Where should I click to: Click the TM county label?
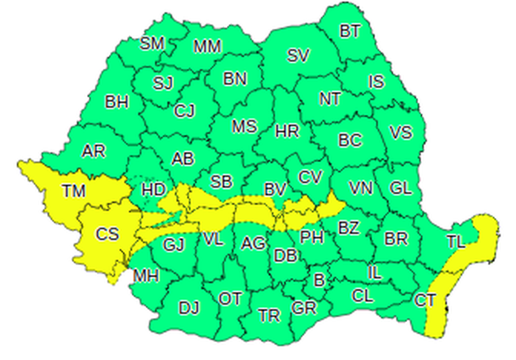[75, 190]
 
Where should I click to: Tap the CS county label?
[107, 234]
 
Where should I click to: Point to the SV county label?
[299, 56]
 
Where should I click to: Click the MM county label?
[207, 46]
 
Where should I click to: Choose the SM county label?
[152, 43]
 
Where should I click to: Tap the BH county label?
[117, 102]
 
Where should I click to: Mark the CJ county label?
[184, 111]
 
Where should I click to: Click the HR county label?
[287, 132]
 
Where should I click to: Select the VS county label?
[401, 133]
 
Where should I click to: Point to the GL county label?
[401, 188]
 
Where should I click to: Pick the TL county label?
[456, 243]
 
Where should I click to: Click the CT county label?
[424, 300]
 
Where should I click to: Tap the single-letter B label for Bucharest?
[318, 280]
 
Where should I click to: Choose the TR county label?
[269, 315]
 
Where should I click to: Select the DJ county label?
[189, 308]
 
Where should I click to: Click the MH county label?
[146, 277]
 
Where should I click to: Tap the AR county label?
[94, 151]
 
